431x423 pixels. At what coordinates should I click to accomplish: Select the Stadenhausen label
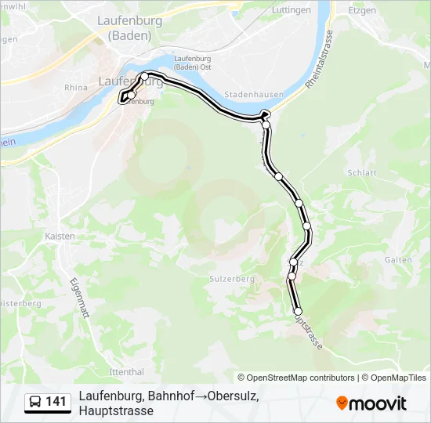pyautogui.click(x=248, y=94)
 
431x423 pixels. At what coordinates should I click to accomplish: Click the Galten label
pyautogui.click(x=399, y=260)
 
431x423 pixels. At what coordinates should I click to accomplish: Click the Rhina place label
pyautogui.click(x=76, y=88)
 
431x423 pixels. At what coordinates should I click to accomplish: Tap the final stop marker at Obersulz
pyautogui.click(x=298, y=312)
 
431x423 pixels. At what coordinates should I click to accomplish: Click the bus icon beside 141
pyautogui.click(x=36, y=403)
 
